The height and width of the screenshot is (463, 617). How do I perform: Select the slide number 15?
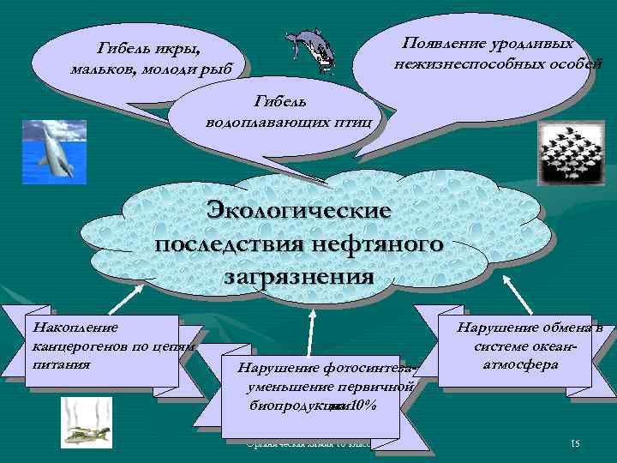point(575,442)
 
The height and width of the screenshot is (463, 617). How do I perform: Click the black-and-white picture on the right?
point(562,150)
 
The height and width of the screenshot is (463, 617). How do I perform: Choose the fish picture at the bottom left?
point(86,422)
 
